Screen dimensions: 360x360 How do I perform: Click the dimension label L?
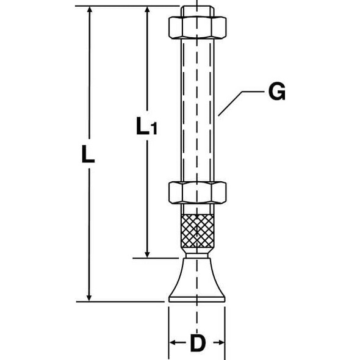click(88, 155)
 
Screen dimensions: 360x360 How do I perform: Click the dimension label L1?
click(146, 126)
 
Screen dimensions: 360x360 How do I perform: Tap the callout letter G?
click(276, 92)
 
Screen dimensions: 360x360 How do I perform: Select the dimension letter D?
click(196, 344)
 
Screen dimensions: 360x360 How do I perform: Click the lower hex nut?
click(196, 193)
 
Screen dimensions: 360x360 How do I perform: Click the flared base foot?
click(196, 281)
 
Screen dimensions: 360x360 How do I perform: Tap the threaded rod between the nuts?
click(196, 110)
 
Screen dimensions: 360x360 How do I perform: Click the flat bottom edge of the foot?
click(196, 300)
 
